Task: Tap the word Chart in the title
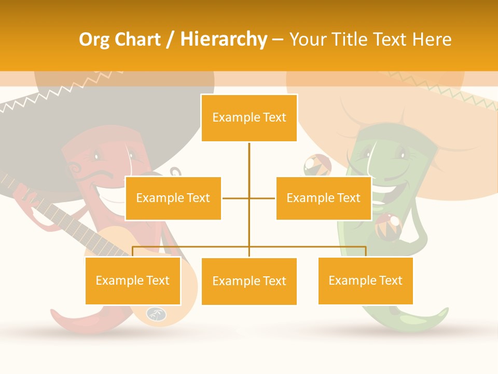pyautogui.click(x=135, y=40)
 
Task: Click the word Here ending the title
pyautogui.click(x=432, y=40)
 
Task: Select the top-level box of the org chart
pyautogui.click(x=249, y=118)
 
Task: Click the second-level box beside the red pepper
pyautogui.click(x=173, y=198)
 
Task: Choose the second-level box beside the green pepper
pyautogui.click(x=324, y=198)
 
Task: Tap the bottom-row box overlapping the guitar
pyautogui.click(x=133, y=280)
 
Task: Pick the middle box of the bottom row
pyautogui.click(x=249, y=281)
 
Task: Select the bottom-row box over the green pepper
pyautogui.click(x=365, y=280)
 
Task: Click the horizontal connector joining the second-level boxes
pyautogui.click(x=249, y=198)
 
